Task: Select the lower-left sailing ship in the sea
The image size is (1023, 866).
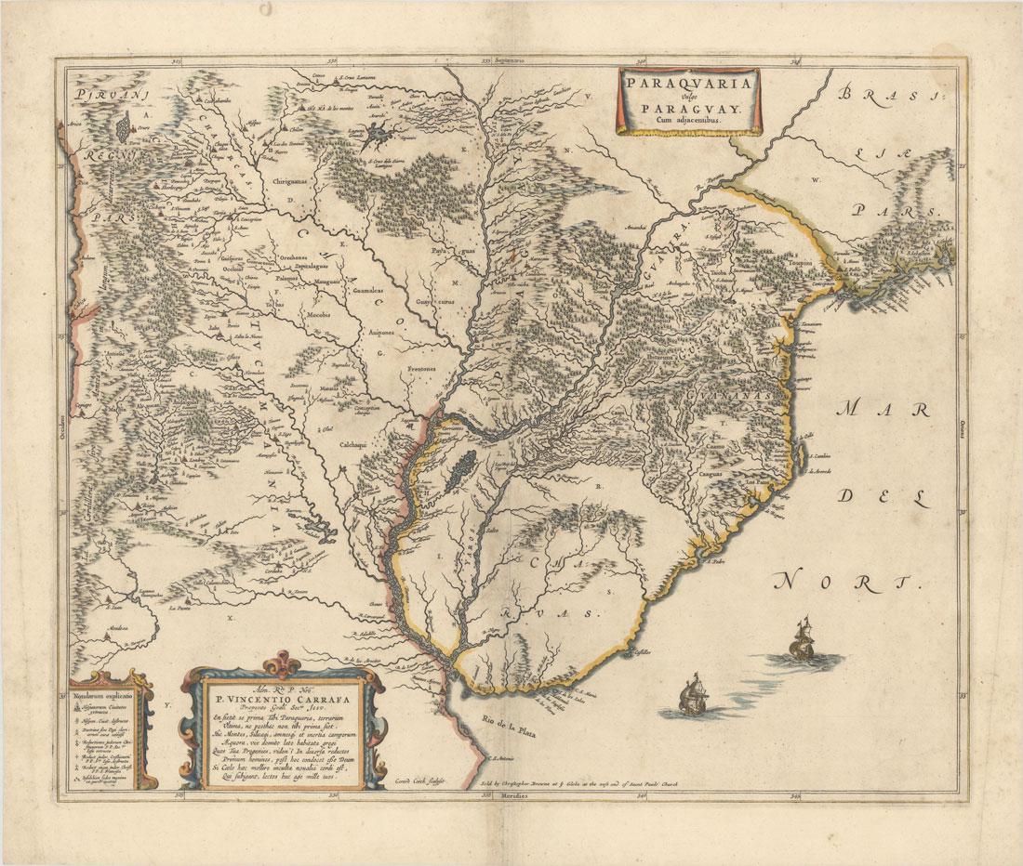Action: click(691, 695)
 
